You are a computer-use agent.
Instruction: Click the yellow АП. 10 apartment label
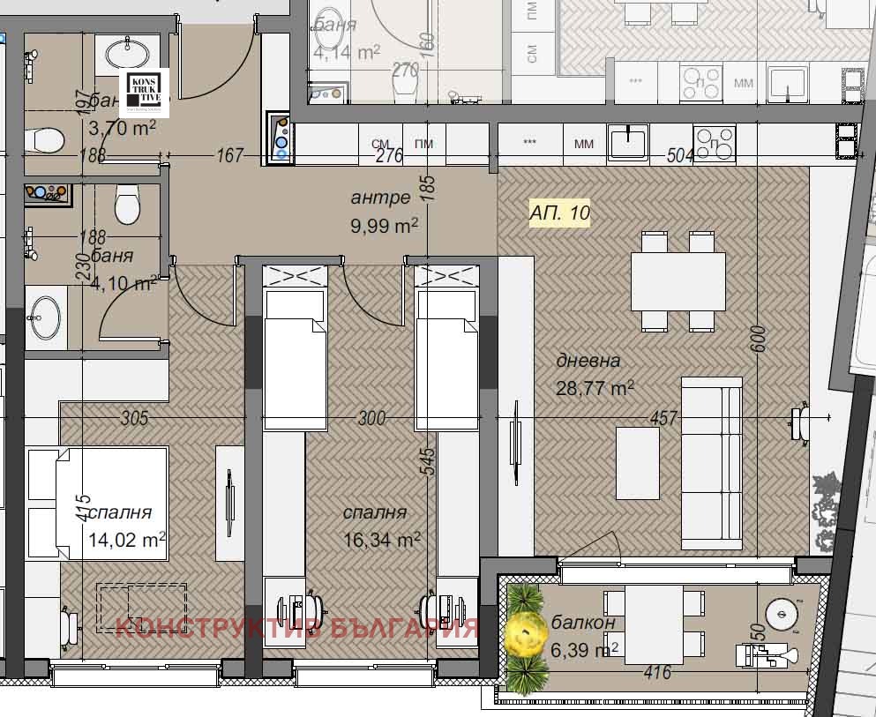(559, 213)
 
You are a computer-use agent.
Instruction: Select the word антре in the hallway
(380, 198)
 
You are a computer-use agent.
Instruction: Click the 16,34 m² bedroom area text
(381, 539)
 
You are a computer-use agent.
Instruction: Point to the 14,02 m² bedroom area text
(127, 539)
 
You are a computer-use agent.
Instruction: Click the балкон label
(583, 624)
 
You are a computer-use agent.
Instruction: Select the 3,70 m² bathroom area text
(123, 129)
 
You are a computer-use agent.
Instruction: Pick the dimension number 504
(680, 156)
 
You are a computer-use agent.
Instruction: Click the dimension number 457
(663, 418)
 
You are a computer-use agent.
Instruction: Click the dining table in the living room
(678, 281)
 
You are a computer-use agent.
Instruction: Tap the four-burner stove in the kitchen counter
(715, 144)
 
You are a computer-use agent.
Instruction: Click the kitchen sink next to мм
(627, 142)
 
